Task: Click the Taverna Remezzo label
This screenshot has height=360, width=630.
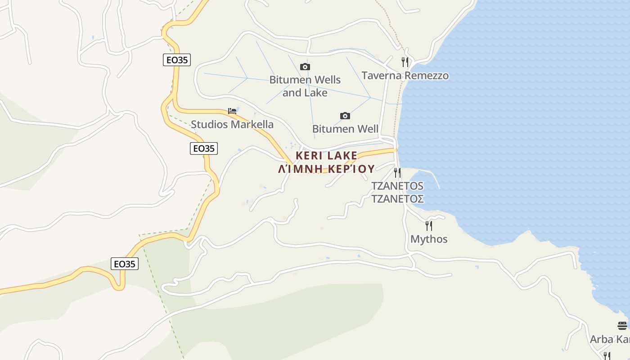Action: tap(405, 76)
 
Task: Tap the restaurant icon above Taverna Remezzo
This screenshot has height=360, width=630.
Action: tap(405, 62)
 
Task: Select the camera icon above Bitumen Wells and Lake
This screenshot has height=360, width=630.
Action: tap(305, 67)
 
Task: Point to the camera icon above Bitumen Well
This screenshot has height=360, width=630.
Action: tap(345, 116)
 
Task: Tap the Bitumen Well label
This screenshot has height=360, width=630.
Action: tap(345, 129)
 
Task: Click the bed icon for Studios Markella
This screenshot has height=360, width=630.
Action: tap(232, 111)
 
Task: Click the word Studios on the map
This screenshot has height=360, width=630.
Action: tap(209, 125)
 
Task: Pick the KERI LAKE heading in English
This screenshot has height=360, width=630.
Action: tap(326, 156)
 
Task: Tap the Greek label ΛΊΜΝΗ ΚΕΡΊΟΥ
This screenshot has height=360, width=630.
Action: tap(326, 169)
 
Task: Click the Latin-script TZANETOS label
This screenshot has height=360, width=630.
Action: tap(397, 186)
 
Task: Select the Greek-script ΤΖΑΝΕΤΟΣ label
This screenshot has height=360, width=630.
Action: tap(397, 198)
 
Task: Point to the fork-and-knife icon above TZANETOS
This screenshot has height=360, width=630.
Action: tap(397, 172)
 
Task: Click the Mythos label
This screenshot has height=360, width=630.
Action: tap(429, 239)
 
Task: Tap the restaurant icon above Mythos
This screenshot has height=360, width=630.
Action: tap(429, 225)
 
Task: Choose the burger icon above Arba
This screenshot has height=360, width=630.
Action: tap(622, 325)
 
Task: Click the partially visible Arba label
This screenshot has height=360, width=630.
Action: tap(610, 339)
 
